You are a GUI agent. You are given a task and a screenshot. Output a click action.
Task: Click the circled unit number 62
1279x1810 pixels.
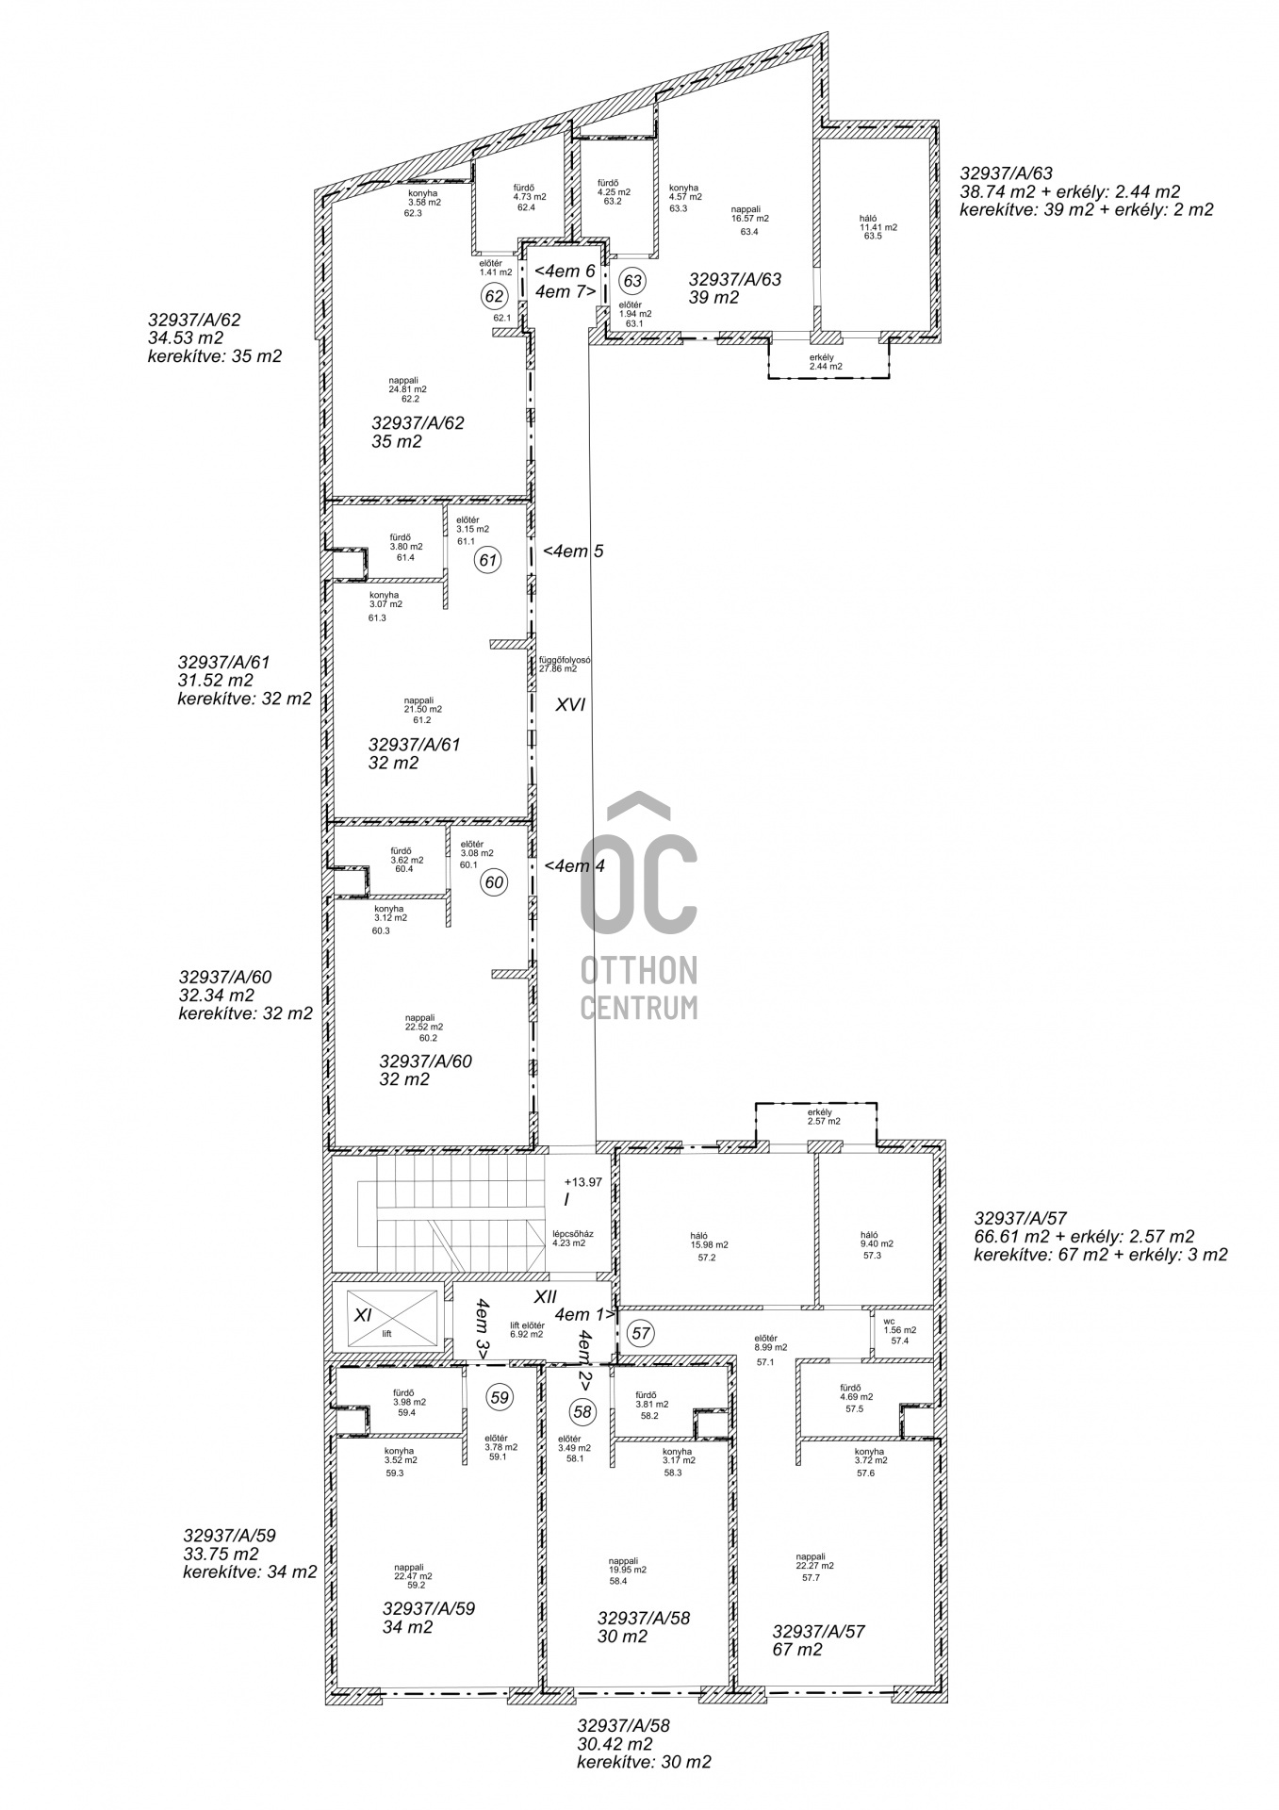pos(494,296)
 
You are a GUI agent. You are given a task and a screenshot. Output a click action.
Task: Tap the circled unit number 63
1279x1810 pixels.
pos(631,281)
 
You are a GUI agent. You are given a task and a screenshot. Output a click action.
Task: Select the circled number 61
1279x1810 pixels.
pos(487,560)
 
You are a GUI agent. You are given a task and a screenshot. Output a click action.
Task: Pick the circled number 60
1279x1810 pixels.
pos(494,882)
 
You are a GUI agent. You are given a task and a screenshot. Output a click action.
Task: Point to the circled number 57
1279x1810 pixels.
pos(642,1333)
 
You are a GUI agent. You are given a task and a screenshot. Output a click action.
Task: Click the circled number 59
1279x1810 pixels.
pos(500,1397)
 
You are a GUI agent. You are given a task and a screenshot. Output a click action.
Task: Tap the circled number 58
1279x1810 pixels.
pos(582,1411)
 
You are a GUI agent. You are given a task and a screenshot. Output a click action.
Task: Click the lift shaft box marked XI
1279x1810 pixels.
pos(386,1320)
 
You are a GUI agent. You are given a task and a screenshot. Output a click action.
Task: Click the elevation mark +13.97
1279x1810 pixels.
pos(582,1182)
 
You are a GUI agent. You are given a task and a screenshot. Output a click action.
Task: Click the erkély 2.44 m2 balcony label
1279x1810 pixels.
pos(826,362)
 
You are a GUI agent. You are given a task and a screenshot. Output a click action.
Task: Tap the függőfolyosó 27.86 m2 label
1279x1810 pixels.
pos(565,665)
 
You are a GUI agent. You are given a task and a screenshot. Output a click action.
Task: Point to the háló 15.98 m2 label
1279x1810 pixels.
pos(708,1245)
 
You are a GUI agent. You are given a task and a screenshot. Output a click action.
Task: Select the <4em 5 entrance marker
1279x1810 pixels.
pos(568,551)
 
